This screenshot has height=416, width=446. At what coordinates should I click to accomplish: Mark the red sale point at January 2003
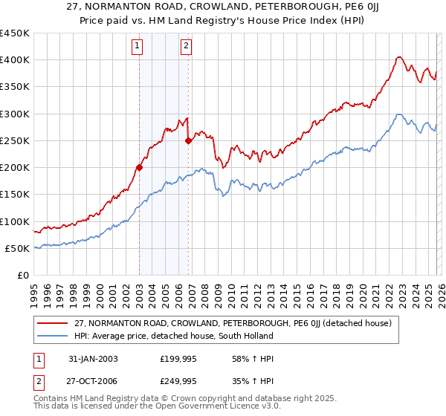tap(139, 168)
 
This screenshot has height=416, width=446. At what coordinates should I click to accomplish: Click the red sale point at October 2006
tap(188, 140)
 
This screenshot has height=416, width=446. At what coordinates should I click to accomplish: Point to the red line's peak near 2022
tap(399, 56)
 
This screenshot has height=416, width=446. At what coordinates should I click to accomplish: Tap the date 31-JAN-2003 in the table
tap(90, 359)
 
